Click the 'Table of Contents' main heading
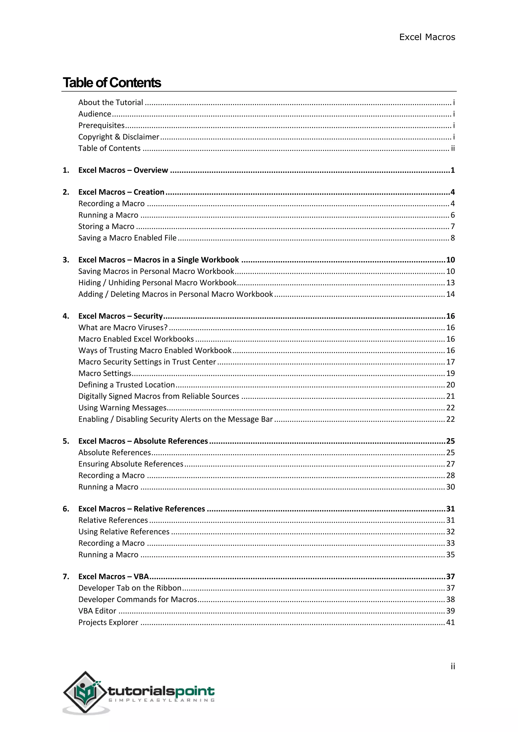click(112, 83)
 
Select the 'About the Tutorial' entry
click(111, 102)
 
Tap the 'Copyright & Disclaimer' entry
click(119, 137)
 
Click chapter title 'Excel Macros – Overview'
click(123, 170)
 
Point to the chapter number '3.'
click(66, 260)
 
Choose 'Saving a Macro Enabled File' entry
click(127, 238)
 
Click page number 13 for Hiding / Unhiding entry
click(450, 283)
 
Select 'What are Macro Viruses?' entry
click(123, 327)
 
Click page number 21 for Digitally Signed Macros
click(450, 396)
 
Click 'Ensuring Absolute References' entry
click(131, 464)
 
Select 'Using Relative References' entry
click(124, 532)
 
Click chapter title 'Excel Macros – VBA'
click(114, 576)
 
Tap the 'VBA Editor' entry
click(97, 611)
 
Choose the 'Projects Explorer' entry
click(108, 622)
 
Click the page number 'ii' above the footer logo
click(452, 666)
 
